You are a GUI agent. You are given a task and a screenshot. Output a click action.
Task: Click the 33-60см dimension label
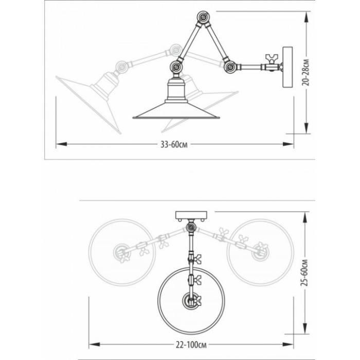click(x=174, y=145)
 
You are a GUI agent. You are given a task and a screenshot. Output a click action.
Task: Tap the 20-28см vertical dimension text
click(x=305, y=73)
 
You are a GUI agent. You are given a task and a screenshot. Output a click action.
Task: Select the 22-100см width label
click(x=191, y=345)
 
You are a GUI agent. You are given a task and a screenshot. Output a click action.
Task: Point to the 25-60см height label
click(x=304, y=273)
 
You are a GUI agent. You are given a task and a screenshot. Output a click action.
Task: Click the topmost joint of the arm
click(x=203, y=17)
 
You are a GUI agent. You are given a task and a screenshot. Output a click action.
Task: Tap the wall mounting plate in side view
click(x=287, y=67)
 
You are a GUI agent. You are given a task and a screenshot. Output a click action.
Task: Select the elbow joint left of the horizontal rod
click(x=230, y=67)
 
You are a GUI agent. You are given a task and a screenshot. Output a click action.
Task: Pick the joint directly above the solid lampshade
click(x=176, y=67)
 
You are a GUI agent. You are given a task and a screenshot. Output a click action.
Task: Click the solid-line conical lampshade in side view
click(x=176, y=111)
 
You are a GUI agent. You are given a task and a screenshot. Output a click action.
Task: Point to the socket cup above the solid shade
click(x=176, y=90)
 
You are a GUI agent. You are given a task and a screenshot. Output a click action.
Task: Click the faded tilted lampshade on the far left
click(x=88, y=104)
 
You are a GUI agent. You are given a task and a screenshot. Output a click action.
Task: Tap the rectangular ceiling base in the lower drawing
click(x=191, y=215)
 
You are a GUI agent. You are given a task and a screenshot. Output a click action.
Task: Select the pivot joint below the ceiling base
click(x=191, y=227)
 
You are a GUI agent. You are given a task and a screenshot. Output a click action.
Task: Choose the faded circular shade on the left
click(x=122, y=253)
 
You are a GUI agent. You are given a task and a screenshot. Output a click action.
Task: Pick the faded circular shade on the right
click(x=260, y=253)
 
